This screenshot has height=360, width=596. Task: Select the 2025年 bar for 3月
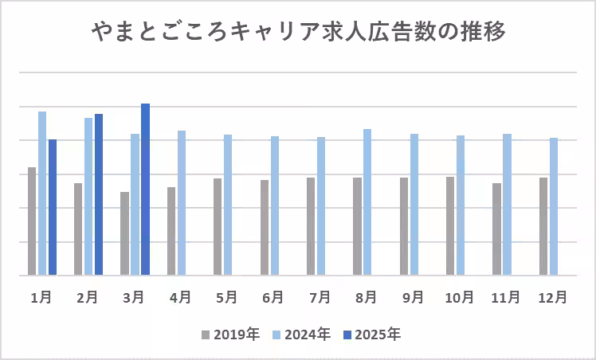145,190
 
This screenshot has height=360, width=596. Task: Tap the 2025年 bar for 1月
53,207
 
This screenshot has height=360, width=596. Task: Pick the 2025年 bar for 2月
99,194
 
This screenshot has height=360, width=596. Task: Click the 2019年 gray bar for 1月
32,221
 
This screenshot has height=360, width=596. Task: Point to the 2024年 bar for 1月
42,194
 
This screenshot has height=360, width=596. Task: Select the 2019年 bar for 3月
124,233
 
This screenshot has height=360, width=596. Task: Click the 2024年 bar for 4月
182,203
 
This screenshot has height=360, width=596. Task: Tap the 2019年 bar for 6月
264,228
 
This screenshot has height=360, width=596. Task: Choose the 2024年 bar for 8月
367,202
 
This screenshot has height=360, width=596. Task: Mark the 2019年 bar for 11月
496,229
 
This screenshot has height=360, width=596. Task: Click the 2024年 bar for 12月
554,206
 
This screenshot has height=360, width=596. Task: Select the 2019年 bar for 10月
450,226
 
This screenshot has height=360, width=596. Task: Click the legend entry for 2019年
231,335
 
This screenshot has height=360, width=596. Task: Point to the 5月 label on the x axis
227,297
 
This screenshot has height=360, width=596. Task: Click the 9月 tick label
413,297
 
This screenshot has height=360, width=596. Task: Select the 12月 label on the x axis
551,297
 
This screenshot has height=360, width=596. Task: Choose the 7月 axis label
320,297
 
